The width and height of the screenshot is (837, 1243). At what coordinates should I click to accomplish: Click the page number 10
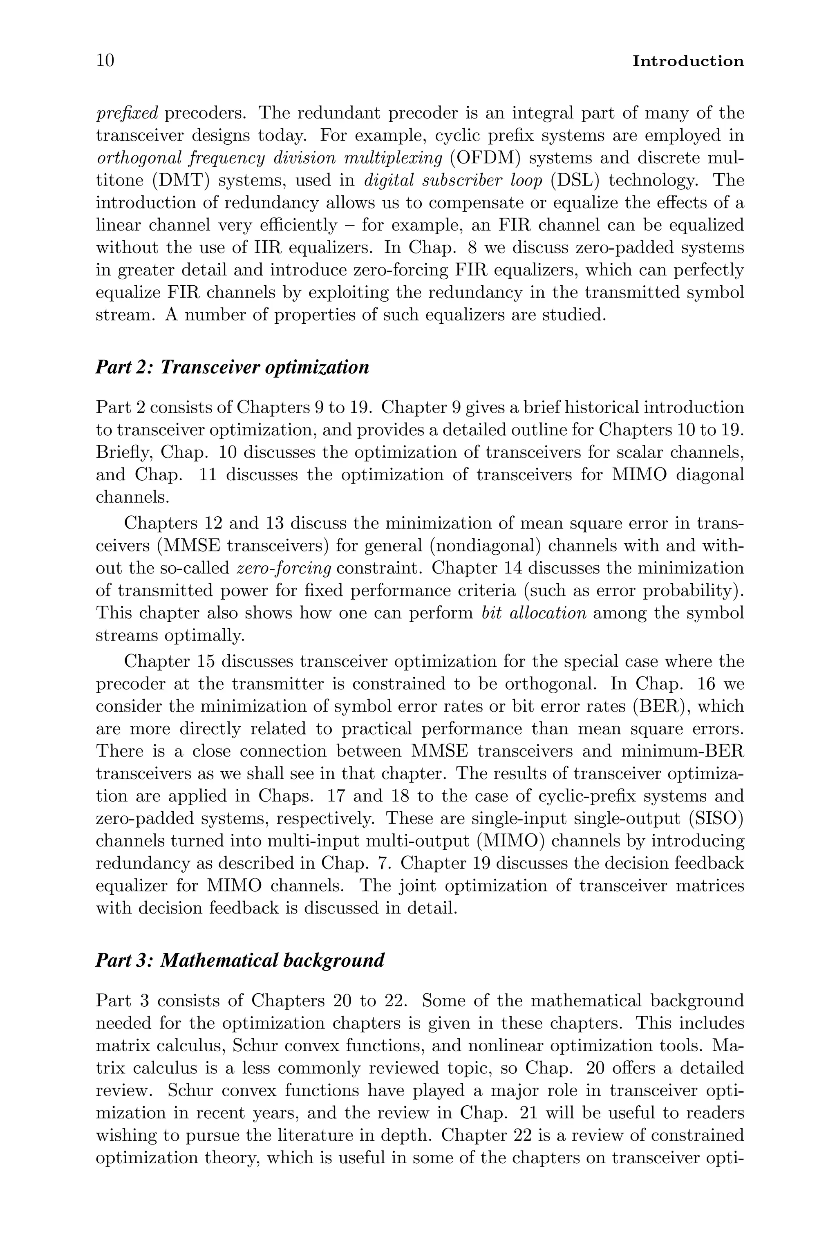click(x=105, y=60)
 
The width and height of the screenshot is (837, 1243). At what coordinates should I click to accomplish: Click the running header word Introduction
click(x=687, y=61)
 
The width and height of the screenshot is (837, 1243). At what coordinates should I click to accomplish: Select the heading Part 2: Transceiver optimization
click(x=232, y=367)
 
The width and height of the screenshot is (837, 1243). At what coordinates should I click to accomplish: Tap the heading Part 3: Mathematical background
click(x=239, y=960)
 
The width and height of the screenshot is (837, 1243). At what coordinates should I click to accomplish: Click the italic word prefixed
click(x=127, y=113)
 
